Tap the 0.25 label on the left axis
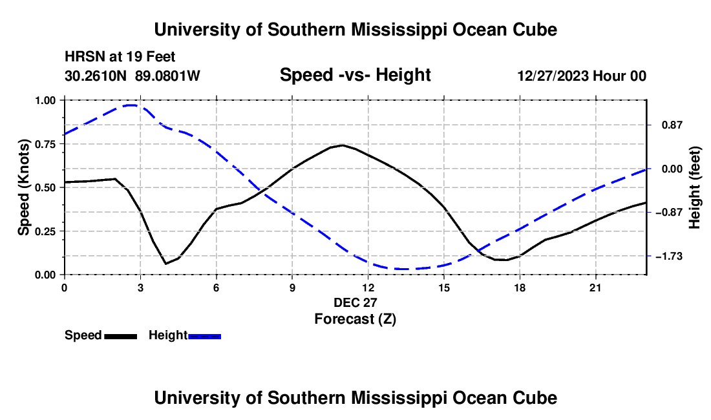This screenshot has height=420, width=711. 45,231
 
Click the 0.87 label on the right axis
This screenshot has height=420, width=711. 672,125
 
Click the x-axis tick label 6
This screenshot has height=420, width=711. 217,288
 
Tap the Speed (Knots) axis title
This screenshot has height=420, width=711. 23,187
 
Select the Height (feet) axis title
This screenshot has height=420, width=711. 695,187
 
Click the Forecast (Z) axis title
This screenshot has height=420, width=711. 355,319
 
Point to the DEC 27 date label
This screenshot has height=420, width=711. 355,302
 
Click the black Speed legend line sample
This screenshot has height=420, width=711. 121,336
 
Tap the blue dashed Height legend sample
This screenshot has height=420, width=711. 204,336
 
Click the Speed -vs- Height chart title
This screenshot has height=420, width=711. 355,75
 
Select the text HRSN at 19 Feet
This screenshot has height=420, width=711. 120,57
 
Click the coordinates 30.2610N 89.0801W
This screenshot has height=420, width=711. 132,76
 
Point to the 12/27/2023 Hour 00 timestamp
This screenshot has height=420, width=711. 582,76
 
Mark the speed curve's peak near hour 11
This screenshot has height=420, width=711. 343,145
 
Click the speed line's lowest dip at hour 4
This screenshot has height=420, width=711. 166,264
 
